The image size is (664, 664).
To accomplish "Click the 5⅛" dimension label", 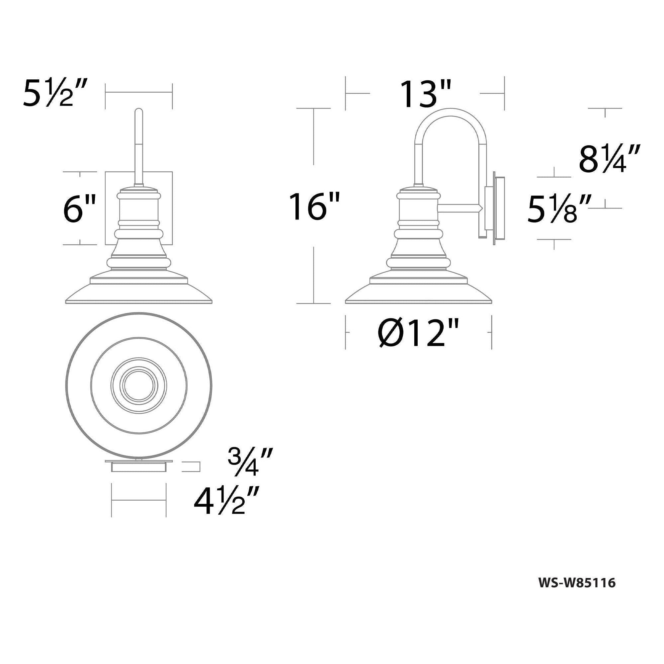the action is (559, 208).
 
